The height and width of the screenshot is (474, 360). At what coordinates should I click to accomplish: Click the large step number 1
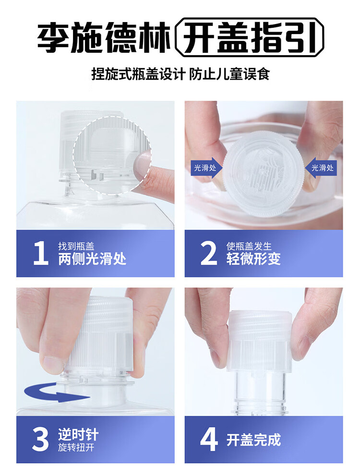coord(41,254)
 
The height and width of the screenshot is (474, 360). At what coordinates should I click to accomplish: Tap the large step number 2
coord(209,254)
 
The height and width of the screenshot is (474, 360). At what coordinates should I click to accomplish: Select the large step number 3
coord(41,440)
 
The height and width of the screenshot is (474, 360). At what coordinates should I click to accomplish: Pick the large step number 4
coord(209,440)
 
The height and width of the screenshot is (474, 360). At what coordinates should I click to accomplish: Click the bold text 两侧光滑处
coord(92,259)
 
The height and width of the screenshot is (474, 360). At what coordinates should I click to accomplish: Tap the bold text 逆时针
coord(78,435)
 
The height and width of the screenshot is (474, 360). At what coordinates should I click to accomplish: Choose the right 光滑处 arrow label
coord(322,168)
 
